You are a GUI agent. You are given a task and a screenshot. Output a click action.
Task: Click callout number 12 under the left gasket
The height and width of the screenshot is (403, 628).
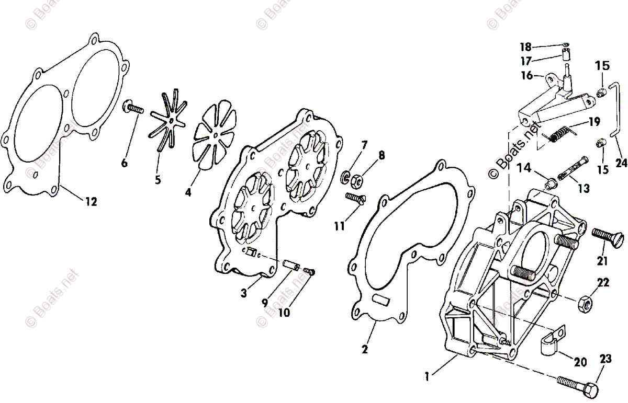pyautogui.click(x=91, y=202)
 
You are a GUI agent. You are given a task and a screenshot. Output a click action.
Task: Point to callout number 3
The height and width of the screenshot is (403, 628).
pyautogui.click(x=244, y=293)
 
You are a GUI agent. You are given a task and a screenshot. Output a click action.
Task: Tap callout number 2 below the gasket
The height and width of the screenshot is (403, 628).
pyautogui.click(x=365, y=349)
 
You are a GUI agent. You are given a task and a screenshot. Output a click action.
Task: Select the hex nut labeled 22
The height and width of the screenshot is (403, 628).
pyautogui.click(x=585, y=302)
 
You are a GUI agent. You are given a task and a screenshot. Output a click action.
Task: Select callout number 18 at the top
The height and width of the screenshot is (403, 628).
pyautogui.click(x=525, y=46)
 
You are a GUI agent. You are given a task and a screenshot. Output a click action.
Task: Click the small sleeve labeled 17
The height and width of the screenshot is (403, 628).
pyautogui.click(x=566, y=54)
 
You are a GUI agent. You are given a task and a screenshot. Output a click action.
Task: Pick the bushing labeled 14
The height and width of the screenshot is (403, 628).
pyautogui.click(x=551, y=184)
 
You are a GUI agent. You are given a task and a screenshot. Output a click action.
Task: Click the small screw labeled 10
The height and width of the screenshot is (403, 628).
pyautogui.click(x=311, y=271)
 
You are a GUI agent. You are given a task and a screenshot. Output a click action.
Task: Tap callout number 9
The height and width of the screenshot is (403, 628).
pyautogui.click(x=265, y=304)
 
